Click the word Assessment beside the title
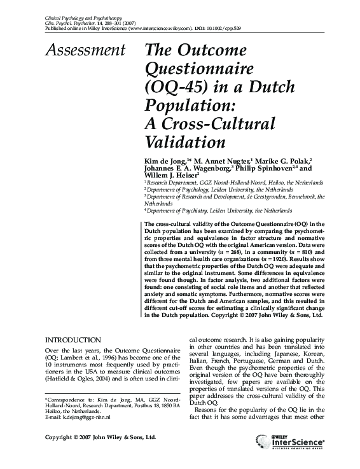point(85,49)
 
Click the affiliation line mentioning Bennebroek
point(235,197)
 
